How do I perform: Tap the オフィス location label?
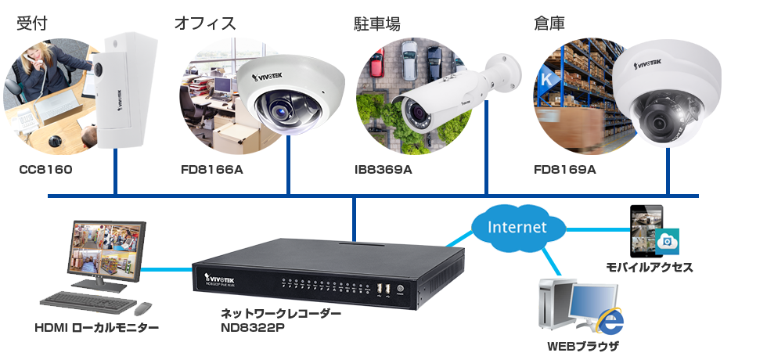coord(204,23)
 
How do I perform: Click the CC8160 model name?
coord(46,169)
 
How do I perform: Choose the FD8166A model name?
coord(211,169)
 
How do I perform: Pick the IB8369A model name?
coord(383,169)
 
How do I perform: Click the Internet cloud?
coord(517,228)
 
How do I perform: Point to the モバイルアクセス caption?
coord(649,267)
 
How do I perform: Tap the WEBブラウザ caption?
coord(582,345)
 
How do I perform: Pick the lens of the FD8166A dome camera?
coord(277,110)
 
